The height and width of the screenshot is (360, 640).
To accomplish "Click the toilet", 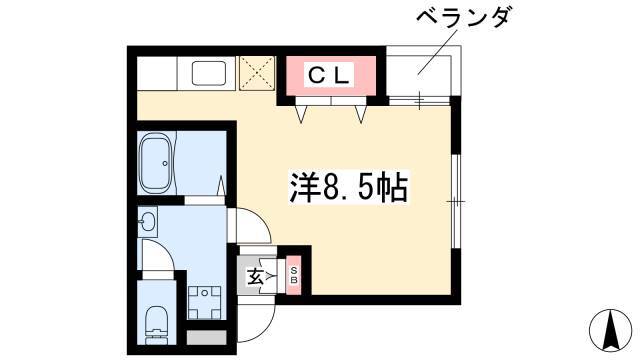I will (156, 318).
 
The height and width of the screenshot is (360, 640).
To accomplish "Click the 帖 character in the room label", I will (392, 188).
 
